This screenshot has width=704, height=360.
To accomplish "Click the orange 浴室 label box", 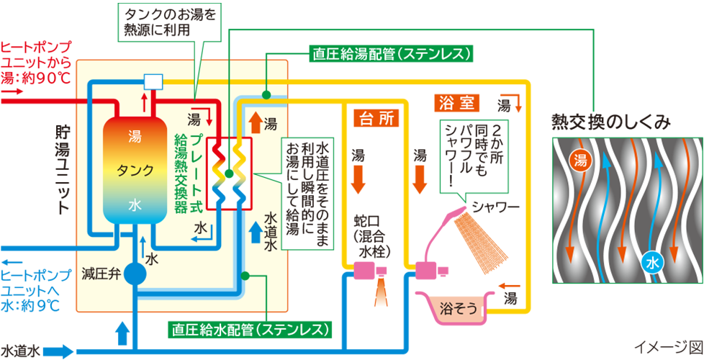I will point(457,102).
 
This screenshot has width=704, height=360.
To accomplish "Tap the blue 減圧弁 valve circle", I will point(135,274).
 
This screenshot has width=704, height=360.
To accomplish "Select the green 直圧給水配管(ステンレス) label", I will point(253,330).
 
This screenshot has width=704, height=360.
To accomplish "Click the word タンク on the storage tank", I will point(135,170).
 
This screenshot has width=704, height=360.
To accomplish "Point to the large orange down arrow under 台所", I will point(358,180).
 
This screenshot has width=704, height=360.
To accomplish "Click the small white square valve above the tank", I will point(153,81).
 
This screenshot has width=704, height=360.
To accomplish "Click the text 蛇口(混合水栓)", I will point(374,235).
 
